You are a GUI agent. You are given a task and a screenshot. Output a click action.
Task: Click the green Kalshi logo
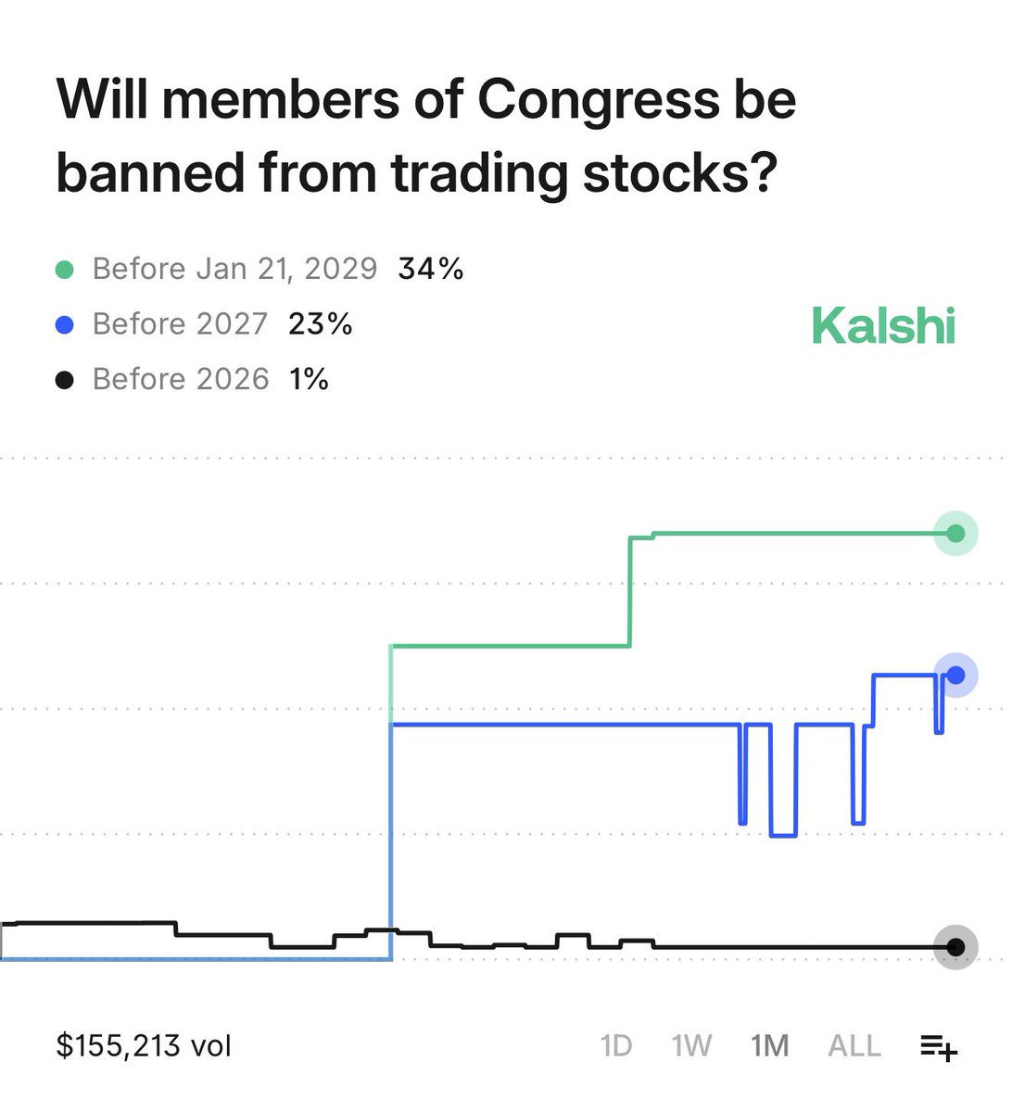883,326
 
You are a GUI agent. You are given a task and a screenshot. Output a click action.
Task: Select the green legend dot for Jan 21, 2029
65,270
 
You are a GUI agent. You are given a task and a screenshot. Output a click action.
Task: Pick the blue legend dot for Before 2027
65,324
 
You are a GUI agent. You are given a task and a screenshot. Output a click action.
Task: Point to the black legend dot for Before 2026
65,380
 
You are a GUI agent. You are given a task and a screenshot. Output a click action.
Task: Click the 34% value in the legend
431,269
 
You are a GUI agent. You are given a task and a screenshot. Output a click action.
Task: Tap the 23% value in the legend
321,323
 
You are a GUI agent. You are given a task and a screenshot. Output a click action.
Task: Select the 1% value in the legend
309,379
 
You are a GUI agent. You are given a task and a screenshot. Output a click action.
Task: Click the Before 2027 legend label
180,323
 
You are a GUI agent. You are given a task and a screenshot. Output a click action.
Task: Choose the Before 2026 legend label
181,379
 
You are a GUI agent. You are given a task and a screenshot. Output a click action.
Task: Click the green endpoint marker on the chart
955,533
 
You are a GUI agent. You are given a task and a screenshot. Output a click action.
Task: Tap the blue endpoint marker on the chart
955,675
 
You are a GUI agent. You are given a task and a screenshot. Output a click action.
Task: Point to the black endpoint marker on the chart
955,947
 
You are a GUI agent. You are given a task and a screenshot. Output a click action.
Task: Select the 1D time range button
616,1046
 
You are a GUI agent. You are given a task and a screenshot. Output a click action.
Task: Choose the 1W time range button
691,1046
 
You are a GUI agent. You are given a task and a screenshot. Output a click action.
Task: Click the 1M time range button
770,1046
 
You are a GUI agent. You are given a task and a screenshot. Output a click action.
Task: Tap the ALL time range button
854,1046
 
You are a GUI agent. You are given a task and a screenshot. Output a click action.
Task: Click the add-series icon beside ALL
938,1047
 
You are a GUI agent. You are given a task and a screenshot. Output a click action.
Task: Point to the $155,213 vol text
144,1045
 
